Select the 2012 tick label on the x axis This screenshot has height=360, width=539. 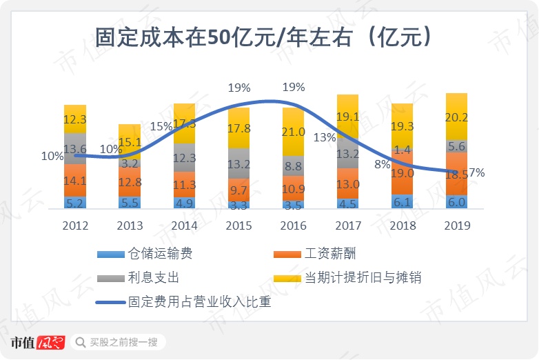(74, 226)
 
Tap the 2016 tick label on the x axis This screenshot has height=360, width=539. (293, 226)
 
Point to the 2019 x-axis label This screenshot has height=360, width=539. (457, 226)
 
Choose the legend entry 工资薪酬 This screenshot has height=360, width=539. (329, 254)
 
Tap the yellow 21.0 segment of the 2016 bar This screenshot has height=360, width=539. (293, 132)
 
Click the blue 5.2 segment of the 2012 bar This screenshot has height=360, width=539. (75, 203)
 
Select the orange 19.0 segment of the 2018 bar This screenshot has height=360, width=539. (403, 173)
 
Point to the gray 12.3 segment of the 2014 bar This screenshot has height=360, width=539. (184, 158)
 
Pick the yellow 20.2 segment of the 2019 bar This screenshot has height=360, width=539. (457, 117)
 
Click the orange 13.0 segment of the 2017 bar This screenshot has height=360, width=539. (347, 183)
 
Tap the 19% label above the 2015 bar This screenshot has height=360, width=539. (239, 88)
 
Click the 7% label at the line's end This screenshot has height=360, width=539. (476, 172)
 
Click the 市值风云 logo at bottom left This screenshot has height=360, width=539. (37, 342)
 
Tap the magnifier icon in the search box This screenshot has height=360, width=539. (80, 342)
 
